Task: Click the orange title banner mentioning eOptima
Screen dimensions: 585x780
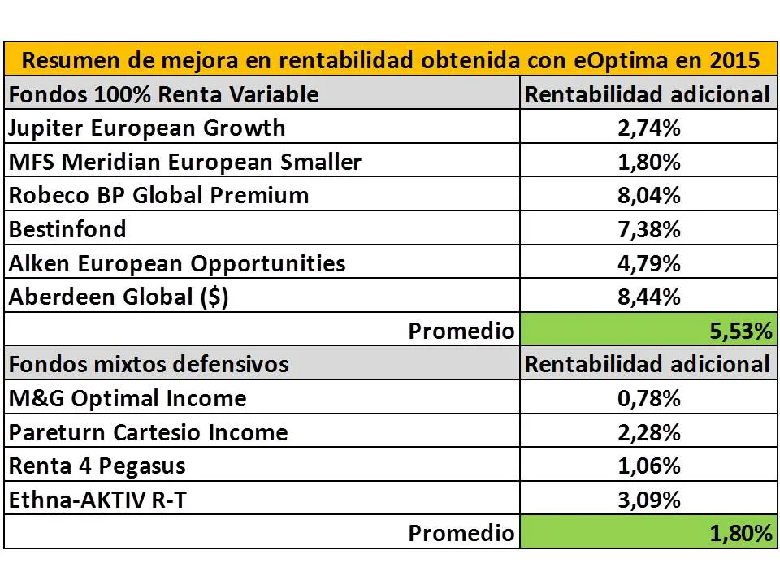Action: tap(390, 60)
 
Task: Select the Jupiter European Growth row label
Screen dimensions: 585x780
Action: tap(147, 128)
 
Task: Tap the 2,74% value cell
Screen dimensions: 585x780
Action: tap(648, 128)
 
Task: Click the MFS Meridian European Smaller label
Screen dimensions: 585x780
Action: tap(184, 162)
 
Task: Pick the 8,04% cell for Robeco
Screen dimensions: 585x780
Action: tap(648, 195)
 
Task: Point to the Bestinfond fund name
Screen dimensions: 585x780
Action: tap(67, 229)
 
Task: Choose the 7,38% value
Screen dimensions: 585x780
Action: tap(648, 229)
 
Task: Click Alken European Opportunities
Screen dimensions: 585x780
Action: tap(177, 263)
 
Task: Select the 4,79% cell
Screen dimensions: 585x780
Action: tap(648, 263)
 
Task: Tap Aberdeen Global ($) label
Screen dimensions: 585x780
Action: tap(119, 297)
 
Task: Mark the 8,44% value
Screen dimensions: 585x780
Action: tap(648, 297)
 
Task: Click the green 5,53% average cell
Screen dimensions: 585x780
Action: tap(648, 331)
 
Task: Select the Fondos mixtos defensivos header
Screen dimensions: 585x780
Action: tap(149, 363)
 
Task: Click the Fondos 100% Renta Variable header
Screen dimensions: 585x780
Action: tap(163, 94)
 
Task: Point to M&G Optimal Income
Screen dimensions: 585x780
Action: tap(128, 398)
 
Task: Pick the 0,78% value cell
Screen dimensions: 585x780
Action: tap(648, 398)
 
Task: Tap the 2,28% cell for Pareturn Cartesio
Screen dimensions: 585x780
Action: tap(648, 432)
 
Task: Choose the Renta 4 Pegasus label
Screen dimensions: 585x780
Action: tap(97, 466)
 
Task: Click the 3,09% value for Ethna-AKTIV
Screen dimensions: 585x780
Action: tap(648, 500)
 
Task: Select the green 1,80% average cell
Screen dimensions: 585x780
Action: tap(648, 533)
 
